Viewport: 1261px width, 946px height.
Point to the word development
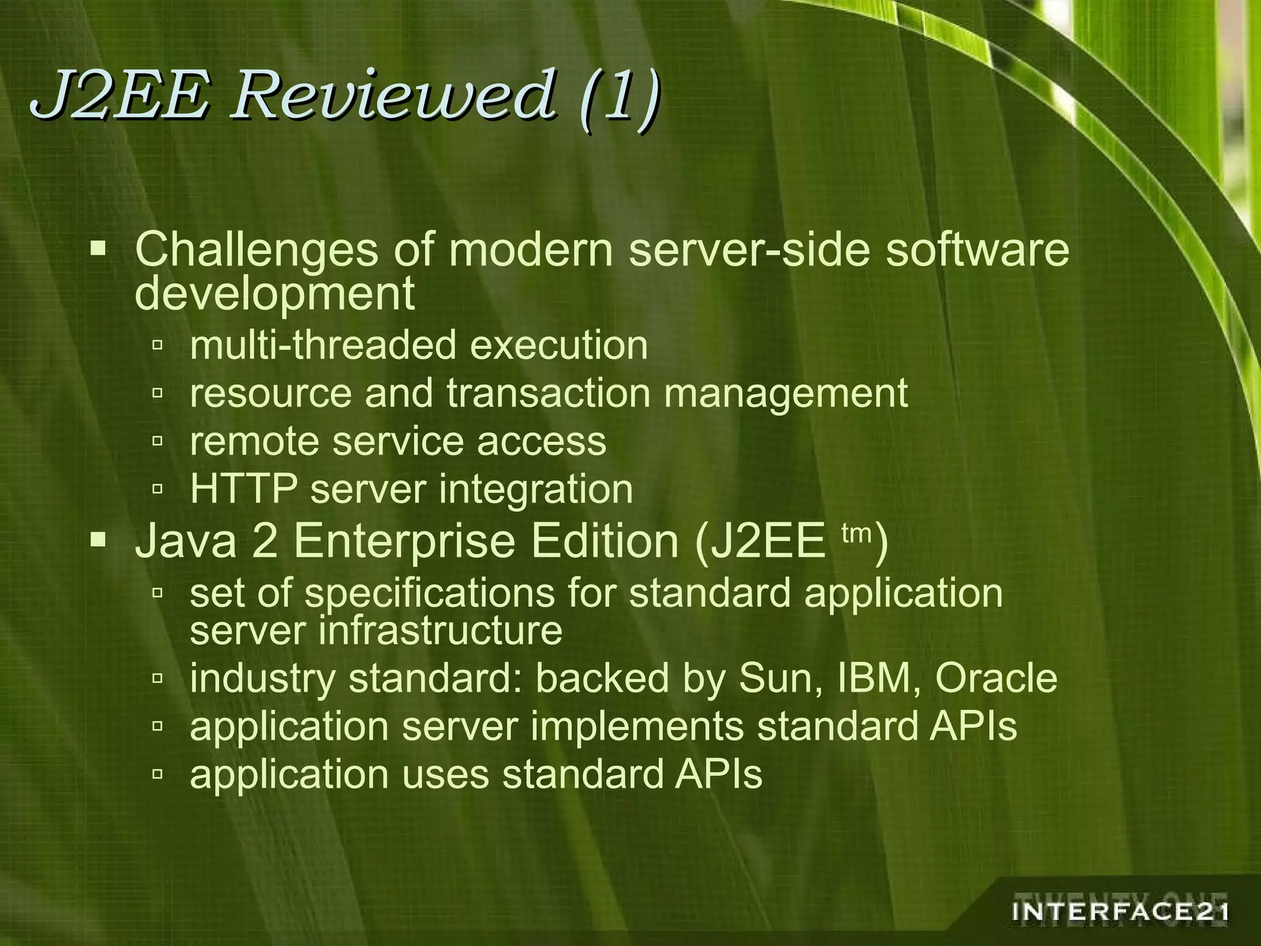275,294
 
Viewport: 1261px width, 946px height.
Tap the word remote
254,442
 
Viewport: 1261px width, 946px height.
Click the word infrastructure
440,631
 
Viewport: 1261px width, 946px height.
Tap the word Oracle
996,678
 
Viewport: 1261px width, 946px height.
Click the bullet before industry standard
158,679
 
